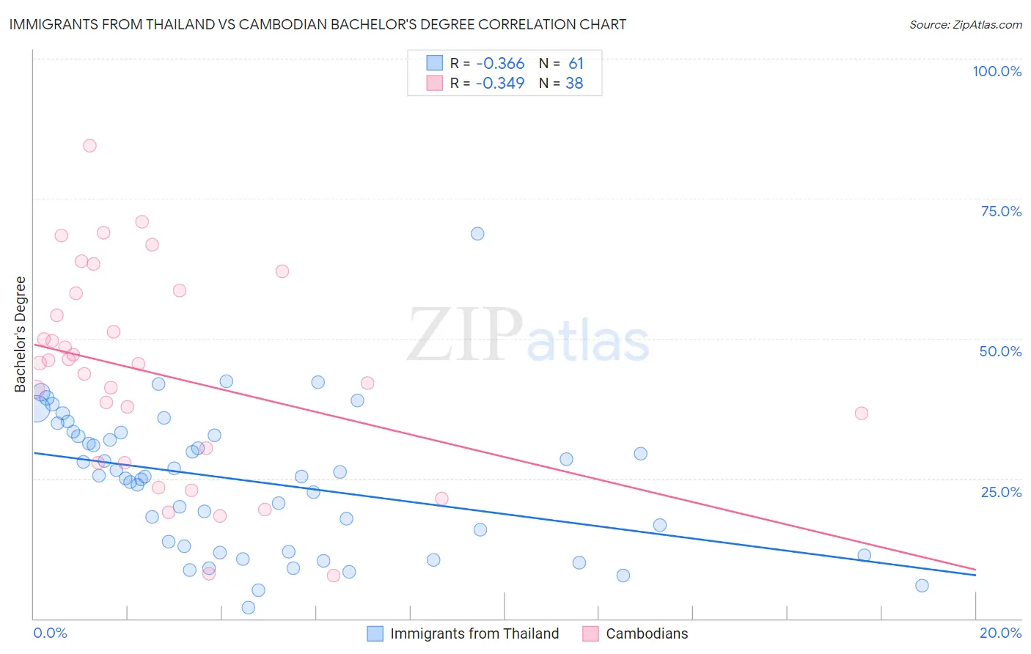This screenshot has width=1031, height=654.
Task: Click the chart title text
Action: click(318, 24)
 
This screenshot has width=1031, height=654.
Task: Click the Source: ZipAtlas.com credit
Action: click(965, 24)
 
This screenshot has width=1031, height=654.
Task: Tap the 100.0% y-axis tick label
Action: click(997, 71)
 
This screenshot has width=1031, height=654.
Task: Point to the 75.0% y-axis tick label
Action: click(1001, 211)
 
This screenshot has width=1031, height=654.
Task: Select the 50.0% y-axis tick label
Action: click(1000, 351)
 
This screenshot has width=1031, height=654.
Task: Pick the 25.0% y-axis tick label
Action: click(1001, 492)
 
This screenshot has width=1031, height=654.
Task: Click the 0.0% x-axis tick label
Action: click(50, 633)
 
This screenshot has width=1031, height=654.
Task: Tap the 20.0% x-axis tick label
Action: click(1000, 633)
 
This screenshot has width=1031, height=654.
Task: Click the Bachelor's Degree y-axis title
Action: click(20, 334)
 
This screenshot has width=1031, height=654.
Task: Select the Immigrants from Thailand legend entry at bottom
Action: click(463, 633)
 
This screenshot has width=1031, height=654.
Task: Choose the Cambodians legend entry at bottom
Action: click(636, 633)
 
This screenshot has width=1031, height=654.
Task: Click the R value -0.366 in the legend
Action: click(499, 64)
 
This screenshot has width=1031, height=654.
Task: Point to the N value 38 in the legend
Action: click(574, 84)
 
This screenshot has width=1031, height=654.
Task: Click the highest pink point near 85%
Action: click(89, 145)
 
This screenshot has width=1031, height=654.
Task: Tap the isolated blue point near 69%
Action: click(477, 234)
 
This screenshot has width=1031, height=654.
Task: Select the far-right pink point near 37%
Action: click(862, 414)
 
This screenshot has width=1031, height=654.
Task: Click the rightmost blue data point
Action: click(922, 585)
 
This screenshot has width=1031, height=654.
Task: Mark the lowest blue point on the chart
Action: click(249, 608)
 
